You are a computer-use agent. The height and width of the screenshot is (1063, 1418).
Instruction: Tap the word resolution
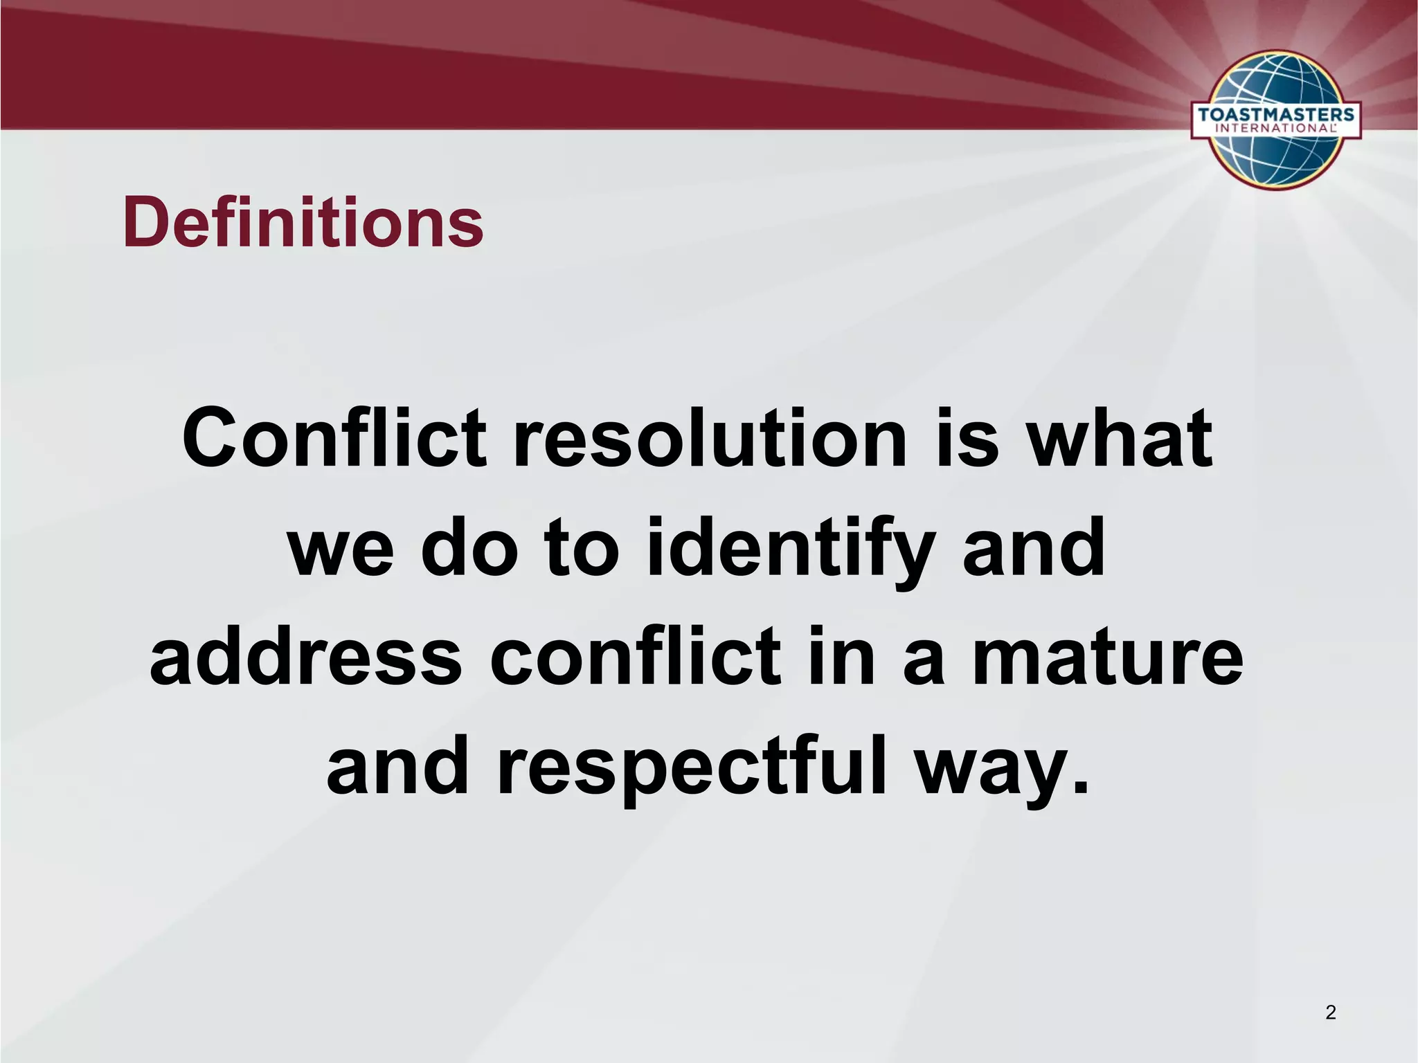coord(710,438)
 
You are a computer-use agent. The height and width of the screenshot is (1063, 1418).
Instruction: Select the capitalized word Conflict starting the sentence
coord(334,438)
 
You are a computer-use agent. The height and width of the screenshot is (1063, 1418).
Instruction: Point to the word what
coord(1120,438)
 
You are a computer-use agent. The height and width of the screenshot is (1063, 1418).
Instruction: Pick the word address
coord(305,657)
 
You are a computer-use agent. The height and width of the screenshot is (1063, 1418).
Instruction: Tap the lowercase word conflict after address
coord(636,657)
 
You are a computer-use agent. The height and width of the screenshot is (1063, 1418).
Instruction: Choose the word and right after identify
coord(1034,549)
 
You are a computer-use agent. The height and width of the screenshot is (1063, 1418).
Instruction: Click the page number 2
coord(1330,1012)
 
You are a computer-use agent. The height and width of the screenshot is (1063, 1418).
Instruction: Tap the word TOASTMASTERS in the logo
coord(1275,114)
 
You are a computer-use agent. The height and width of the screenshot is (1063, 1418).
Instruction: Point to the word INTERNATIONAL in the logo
coord(1275,128)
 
